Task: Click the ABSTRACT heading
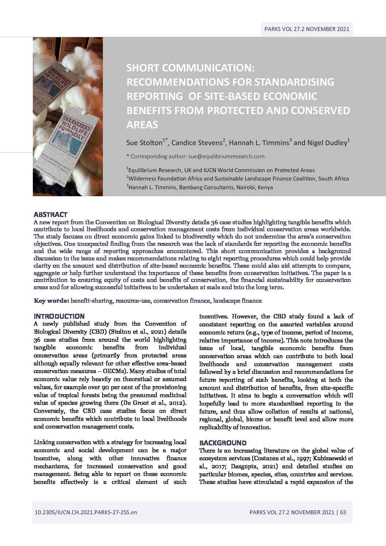pyautogui.click(x=50, y=214)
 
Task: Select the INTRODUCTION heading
pyautogui.click(x=59, y=316)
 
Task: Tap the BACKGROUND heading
pyautogui.click(x=223, y=443)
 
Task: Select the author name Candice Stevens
pyautogui.click(x=197, y=143)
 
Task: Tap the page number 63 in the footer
pyautogui.click(x=343, y=512)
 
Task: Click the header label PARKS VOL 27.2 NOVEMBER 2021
pyautogui.click(x=307, y=29)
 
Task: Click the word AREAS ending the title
pyautogui.click(x=142, y=125)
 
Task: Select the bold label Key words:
pyautogui.click(x=51, y=301)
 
